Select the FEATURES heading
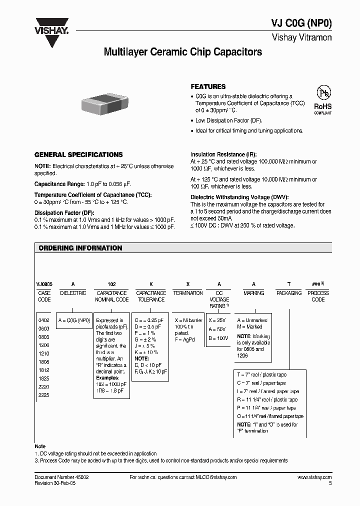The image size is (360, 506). tap(208, 86)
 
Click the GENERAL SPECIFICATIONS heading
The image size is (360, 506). tap(78, 155)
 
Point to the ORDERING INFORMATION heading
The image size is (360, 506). tap(80, 248)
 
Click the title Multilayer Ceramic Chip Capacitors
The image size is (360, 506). tap(182, 52)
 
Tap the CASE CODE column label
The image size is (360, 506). tap(44, 296)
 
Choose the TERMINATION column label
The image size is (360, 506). tap(188, 293)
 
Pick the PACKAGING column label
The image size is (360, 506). tap(289, 293)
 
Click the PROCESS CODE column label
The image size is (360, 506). tap(318, 296)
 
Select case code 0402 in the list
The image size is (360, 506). tap(44, 320)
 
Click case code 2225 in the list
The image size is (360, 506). tap(44, 394)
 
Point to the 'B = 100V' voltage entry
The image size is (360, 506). tap(218, 338)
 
